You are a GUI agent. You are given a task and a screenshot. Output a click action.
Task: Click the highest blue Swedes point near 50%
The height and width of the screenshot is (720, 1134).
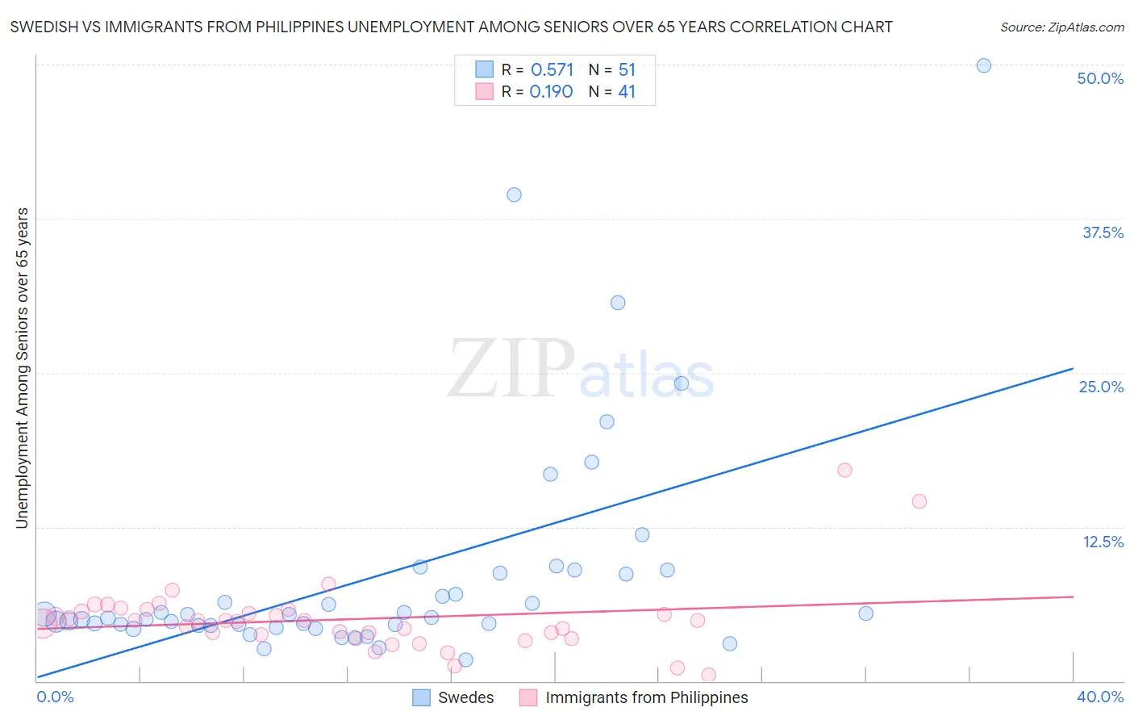(983, 65)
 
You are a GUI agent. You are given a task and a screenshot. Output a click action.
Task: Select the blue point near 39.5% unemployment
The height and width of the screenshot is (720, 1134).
(514, 195)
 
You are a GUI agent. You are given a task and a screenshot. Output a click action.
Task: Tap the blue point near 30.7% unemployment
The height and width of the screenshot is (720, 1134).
(618, 303)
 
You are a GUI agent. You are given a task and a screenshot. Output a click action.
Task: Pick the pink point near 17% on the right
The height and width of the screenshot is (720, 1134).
(844, 470)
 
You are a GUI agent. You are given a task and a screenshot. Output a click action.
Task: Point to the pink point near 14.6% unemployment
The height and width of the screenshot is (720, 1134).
(919, 501)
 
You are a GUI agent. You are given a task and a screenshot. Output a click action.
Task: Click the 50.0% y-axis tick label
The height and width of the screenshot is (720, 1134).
(1100, 78)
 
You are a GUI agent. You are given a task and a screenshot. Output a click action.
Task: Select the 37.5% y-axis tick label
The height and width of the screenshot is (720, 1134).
(1103, 232)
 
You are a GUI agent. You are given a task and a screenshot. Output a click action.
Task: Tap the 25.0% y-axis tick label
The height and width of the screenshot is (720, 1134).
(1101, 387)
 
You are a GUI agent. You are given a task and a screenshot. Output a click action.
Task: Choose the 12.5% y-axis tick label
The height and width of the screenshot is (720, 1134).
(1103, 542)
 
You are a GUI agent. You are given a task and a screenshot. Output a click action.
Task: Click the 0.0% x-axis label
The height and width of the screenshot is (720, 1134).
(55, 697)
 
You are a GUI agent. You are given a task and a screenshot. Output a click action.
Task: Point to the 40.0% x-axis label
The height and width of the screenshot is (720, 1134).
(1100, 697)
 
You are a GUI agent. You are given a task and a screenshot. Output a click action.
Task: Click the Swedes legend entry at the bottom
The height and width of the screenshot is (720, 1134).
(465, 697)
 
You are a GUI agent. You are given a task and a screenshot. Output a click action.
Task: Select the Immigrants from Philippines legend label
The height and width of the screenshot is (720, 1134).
(646, 697)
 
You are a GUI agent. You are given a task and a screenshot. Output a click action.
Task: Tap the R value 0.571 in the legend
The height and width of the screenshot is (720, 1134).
(552, 70)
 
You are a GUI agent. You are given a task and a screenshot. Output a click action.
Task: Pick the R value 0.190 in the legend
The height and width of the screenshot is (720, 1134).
(551, 92)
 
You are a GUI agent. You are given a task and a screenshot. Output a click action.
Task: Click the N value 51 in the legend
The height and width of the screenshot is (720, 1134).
(627, 70)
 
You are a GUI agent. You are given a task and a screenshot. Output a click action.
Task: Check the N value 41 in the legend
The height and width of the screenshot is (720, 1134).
(627, 92)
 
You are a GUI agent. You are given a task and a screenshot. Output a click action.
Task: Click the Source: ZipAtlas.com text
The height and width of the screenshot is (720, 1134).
(1061, 27)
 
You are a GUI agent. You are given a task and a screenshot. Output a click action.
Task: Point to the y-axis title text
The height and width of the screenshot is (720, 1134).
(22, 368)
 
